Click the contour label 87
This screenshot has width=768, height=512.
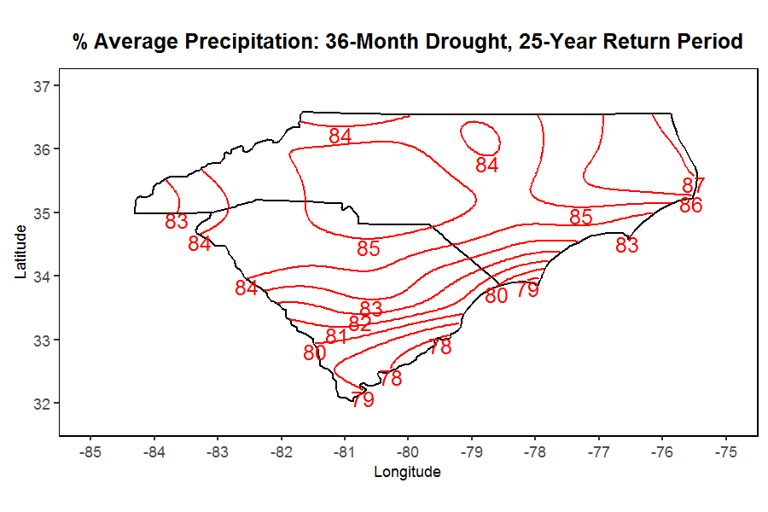point(694,185)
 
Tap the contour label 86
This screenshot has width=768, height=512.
point(691,205)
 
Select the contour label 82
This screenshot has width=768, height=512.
point(360,323)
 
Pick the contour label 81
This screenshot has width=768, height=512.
point(336,336)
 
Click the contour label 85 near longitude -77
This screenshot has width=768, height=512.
point(581,217)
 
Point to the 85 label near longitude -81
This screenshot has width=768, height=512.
point(369,249)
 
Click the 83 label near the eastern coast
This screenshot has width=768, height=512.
point(627,246)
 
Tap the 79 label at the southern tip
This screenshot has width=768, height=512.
point(363,399)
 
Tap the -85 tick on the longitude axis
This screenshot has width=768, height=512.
point(90,451)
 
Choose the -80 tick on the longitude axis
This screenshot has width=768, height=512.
point(408,451)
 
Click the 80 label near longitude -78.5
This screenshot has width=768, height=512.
point(497,295)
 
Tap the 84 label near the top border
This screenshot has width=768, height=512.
point(340,136)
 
